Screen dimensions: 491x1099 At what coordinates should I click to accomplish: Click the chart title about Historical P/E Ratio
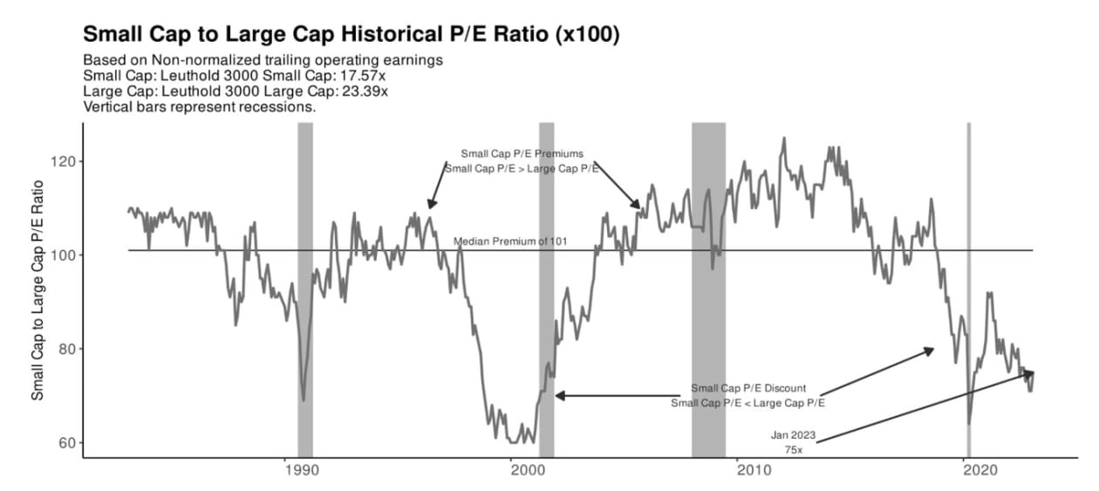(352, 35)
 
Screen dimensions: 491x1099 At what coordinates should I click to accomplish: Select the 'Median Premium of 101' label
(510, 241)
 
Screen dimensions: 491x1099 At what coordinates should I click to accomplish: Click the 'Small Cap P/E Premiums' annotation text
(522, 153)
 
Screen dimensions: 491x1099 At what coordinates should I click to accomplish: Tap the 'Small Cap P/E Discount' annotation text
(748, 388)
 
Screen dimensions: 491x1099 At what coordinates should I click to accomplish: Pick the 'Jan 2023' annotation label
(791, 433)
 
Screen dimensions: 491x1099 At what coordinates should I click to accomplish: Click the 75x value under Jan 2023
(792, 448)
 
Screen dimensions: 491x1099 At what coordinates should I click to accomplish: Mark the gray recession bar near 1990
(305, 288)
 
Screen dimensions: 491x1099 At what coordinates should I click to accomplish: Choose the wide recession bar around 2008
(708, 288)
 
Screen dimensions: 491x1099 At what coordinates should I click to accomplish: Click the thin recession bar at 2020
(969, 288)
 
